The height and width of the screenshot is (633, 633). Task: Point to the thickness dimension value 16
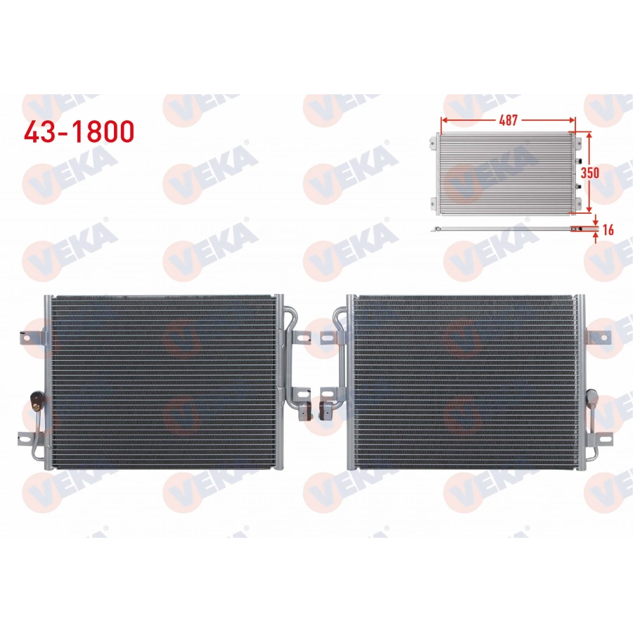pos(608,229)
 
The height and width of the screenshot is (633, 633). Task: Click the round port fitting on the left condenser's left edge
pos(34,404)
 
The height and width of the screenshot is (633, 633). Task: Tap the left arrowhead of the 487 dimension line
pos(444,120)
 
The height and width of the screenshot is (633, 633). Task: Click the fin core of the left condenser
pos(162,380)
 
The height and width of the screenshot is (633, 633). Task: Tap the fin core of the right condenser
pos(464,380)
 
